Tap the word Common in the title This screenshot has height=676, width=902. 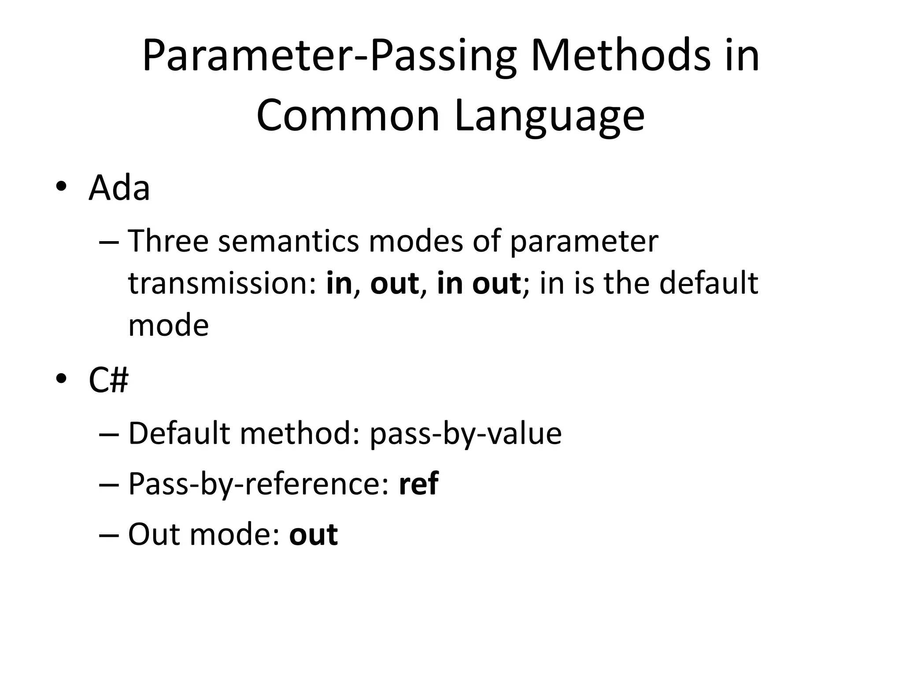click(348, 115)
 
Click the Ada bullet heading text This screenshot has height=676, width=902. click(119, 188)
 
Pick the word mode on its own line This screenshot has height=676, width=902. click(168, 325)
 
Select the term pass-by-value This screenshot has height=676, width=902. click(466, 434)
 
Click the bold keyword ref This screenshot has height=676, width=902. click(418, 484)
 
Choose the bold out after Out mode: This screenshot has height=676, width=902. click(313, 534)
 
